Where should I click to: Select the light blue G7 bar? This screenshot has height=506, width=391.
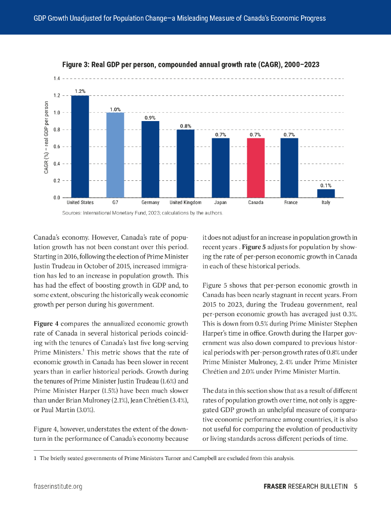coord(115,155)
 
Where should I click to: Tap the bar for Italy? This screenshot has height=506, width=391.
coord(326,193)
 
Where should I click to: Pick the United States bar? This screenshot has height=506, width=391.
coord(80,146)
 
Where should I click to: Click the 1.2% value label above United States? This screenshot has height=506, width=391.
coord(80,91)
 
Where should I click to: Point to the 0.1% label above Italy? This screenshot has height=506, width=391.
coord(326,185)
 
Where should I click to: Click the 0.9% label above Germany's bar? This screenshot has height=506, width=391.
coord(150,118)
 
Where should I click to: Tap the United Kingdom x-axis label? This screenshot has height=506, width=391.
coord(185,203)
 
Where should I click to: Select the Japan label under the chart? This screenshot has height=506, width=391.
coord(220,203)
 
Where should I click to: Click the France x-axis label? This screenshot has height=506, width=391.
coord(291,203)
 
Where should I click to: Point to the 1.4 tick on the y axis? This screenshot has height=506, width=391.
coord(56,79)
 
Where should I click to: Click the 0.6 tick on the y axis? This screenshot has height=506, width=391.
coord(56,147)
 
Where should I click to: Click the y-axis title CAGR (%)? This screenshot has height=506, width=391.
coord(46,137)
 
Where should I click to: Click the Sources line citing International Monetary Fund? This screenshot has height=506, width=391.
coord(143,213)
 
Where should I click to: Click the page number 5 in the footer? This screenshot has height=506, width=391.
coord(355,486)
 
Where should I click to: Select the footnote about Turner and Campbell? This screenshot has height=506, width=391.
coord(164,458)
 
